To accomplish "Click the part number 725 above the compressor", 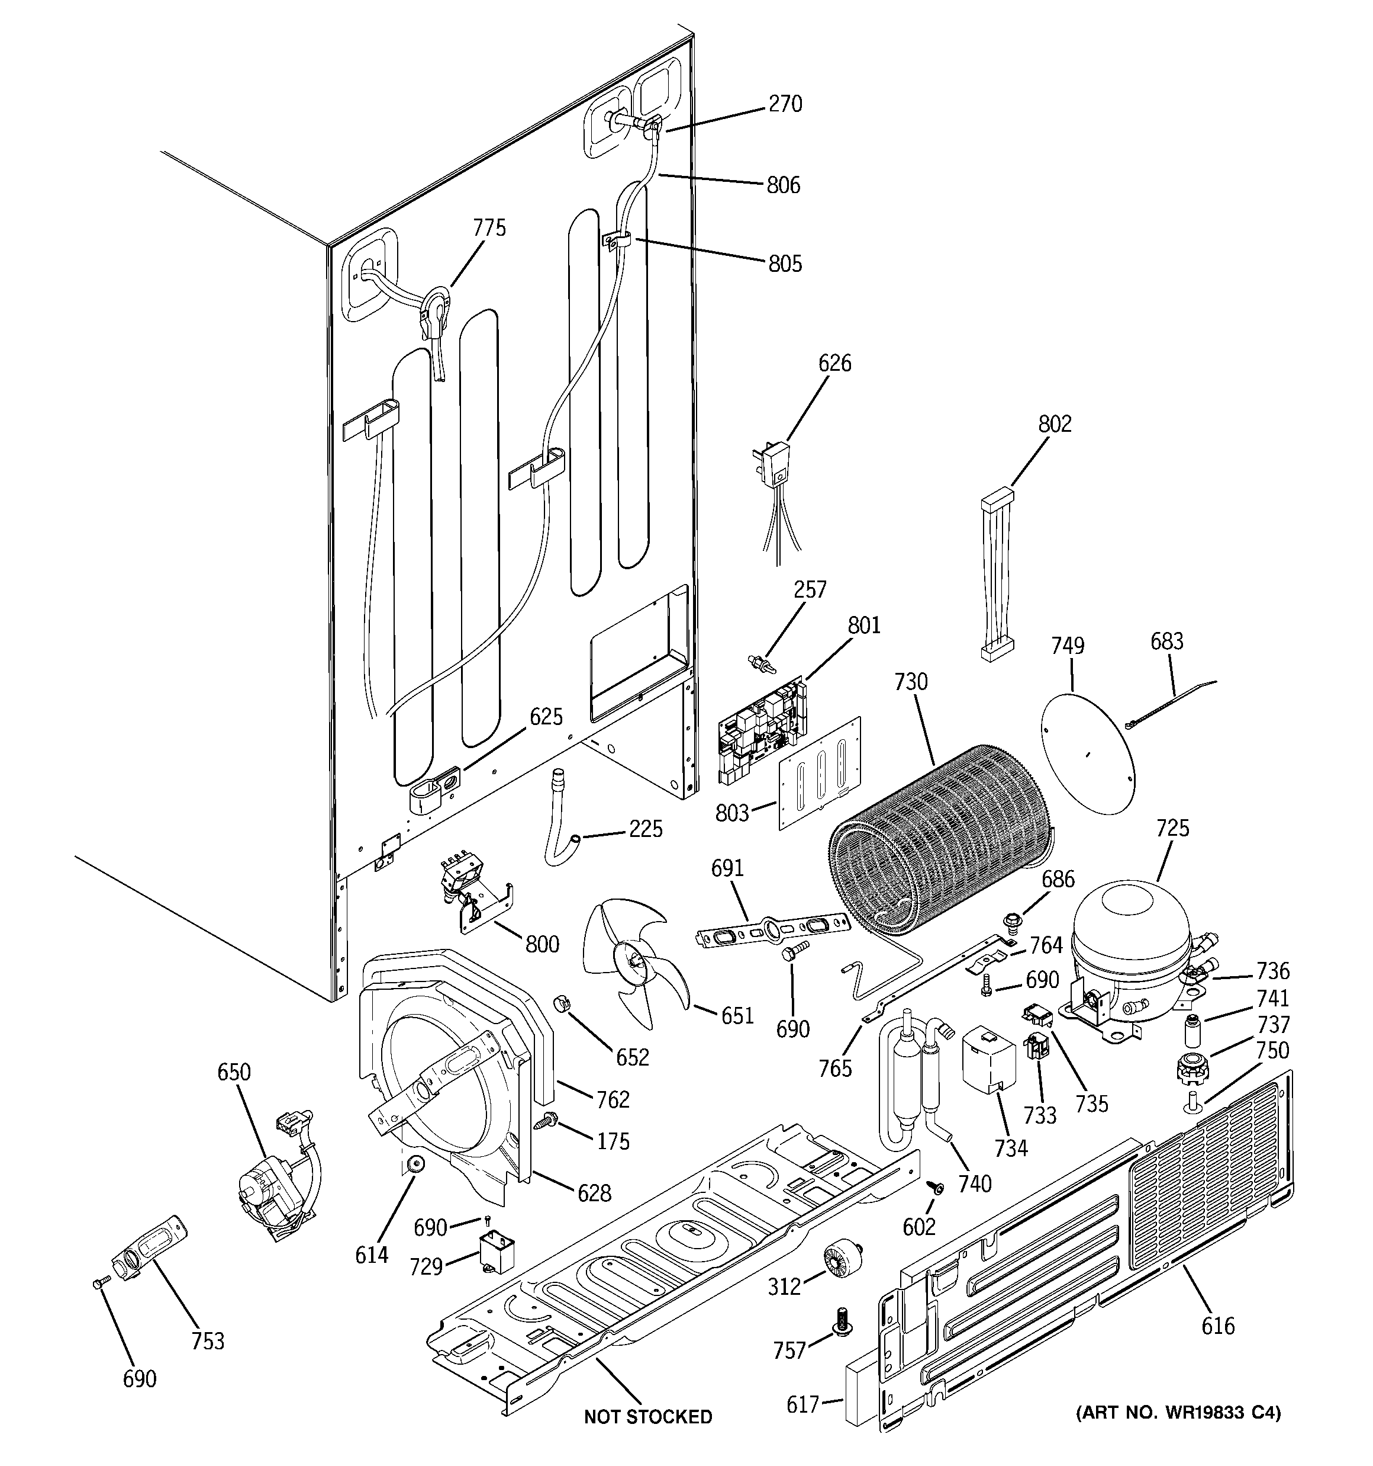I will [x=1172, y=828].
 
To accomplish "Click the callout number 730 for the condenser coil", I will [x=911, y=682].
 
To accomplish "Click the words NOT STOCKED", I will [x=648, y=1417].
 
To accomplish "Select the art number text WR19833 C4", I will [x=1178, y=1413].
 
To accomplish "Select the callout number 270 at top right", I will [x=785, y=104].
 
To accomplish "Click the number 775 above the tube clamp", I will [x=489, y=228].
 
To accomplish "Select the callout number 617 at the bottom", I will [x=802, y=1405].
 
